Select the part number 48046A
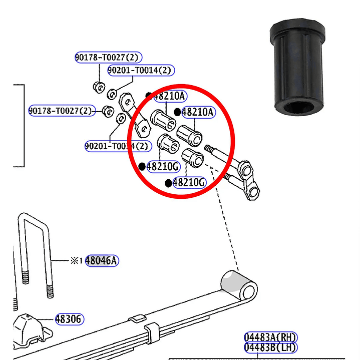click(102, 260)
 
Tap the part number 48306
click(70, 319)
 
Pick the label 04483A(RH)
click(270, 337)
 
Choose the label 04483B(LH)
click(270, 347)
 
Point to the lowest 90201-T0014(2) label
click(117, 146)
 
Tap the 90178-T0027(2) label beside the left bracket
click(61, 111)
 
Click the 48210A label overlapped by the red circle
click(169, 96)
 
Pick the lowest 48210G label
click(189, 183)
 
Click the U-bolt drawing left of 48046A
click(35, 258)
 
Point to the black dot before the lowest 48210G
click(168, 183)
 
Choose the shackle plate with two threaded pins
click(245, 175)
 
